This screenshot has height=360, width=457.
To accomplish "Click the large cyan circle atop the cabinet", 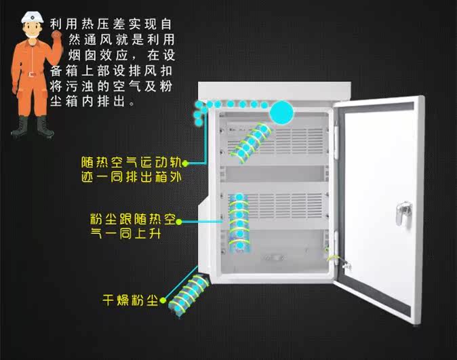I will (283, 111).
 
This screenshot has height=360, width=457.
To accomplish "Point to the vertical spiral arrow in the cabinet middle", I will (238, 221).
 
